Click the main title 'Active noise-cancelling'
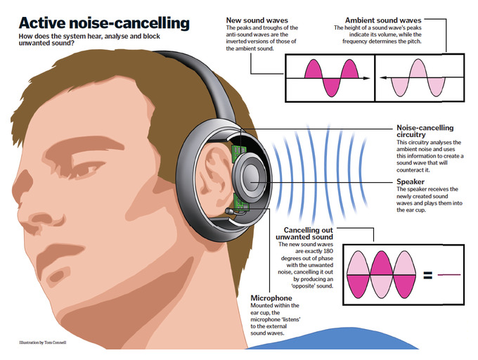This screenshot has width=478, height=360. pos(104,23)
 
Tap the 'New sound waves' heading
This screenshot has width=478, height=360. pos(257,20)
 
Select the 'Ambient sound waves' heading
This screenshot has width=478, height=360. pos(383,20)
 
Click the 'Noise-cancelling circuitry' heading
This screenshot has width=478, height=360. pos(425,131)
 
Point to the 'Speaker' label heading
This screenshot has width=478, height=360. pos(411,181)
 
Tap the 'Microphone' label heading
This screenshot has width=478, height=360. pos(271,298)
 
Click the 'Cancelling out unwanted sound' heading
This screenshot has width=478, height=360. pos(304,233)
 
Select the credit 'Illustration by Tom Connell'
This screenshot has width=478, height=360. pos(43,342)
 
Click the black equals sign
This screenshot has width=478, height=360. pos(428,275)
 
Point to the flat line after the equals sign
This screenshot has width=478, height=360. pos(449,275)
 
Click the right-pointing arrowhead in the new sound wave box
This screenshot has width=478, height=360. pos(366,78)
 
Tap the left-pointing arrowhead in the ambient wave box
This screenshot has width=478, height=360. pos(384,78)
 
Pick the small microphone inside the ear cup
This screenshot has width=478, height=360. pos(230,210)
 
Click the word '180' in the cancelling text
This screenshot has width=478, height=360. pos(327,251)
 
